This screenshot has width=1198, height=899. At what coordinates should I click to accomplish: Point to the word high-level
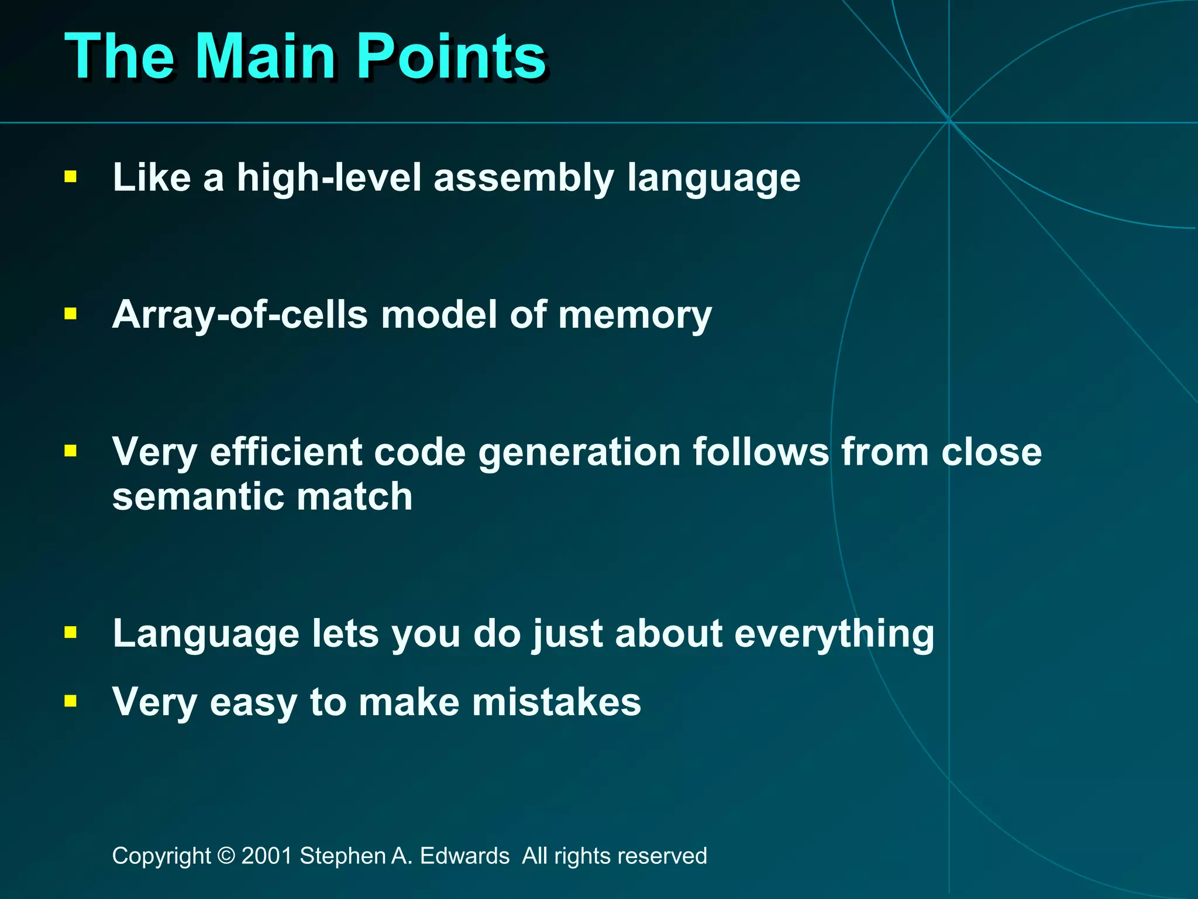pyautogui.click(x=329, y=178)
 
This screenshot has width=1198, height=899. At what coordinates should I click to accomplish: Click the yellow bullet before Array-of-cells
pyautogui.click(x=71, y=314)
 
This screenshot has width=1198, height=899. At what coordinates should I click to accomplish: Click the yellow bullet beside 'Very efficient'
pyautogui.click(x=71, y=451)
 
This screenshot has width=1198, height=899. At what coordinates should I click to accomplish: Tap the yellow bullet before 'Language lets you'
pyautogui.click(x=71, y=632)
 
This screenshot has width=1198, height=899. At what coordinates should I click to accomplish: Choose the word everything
pyautogui.click(x=834, y=634)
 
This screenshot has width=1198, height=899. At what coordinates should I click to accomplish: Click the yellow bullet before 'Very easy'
pyautogui.click(x=71, y=701)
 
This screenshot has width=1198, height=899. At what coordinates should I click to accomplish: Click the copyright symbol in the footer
pyautogui.click(x=226, y=856)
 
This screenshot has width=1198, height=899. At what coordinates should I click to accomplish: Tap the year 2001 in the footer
pyautogui.click(x=267, y=856)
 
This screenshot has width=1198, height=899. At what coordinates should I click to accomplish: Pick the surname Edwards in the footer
pyautogui.click(x=464, y=856)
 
